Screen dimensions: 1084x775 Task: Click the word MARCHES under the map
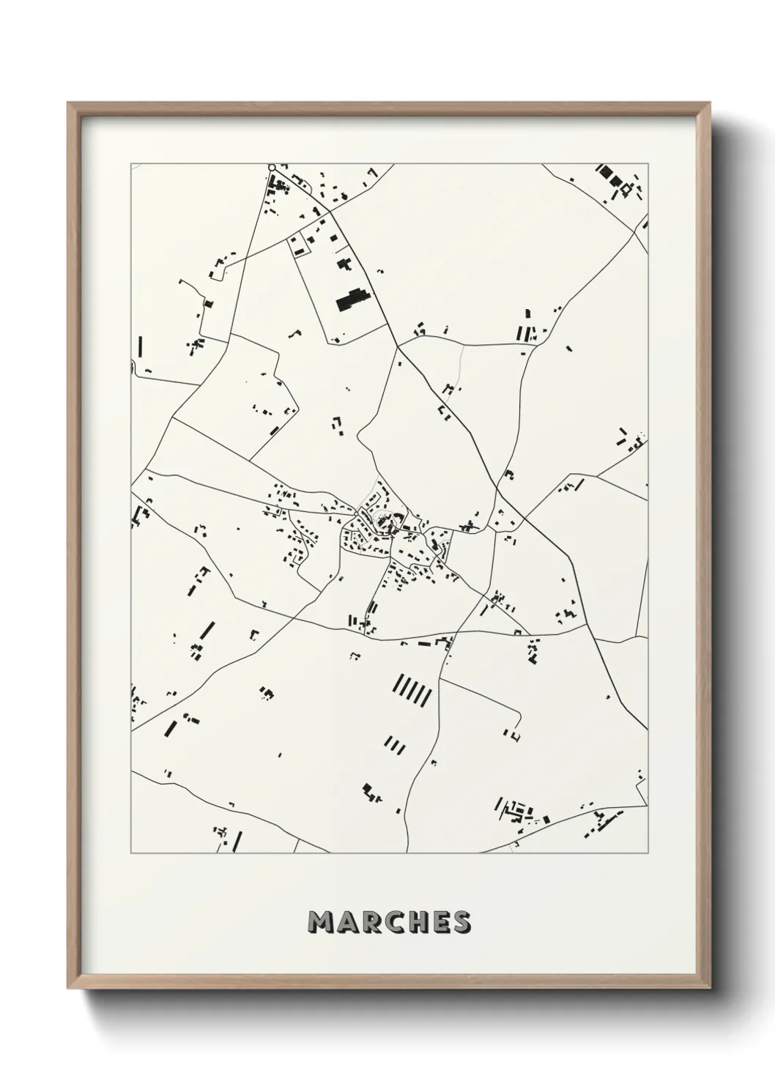389,922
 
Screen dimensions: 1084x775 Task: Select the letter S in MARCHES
460,922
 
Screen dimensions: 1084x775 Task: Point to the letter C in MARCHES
390,922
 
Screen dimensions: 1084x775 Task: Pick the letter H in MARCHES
414,922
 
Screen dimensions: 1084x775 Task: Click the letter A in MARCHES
346,922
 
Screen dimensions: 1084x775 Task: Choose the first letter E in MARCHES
437,922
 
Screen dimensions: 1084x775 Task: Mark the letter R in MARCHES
368,922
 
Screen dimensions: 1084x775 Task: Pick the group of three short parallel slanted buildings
395,746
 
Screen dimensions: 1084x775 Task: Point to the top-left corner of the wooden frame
68,103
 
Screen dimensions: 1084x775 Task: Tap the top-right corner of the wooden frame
708,103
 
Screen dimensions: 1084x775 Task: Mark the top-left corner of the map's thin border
132,164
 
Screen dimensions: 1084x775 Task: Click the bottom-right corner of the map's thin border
648,853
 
